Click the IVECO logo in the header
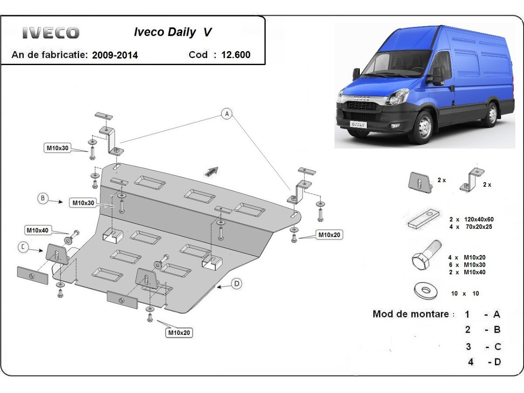pyautogui.click(x=51, y=33)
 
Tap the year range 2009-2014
pyautogui.click(x=115, y=55)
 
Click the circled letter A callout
pyautogui.click(x=227, y=114)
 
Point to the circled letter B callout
pyautogui.click(x=43, y=199)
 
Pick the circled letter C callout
pyautogui.click(x=24, y=248)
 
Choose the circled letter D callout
pyautogui.click(x=236, y=284)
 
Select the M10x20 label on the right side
pyautogui.click(x=329, y=235)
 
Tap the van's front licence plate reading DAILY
pyautogui.click(x=358, y=124)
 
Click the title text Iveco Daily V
pyautogui.click(x=172, y=33)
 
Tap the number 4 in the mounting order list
pyautogui.click(x=470, y=362)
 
